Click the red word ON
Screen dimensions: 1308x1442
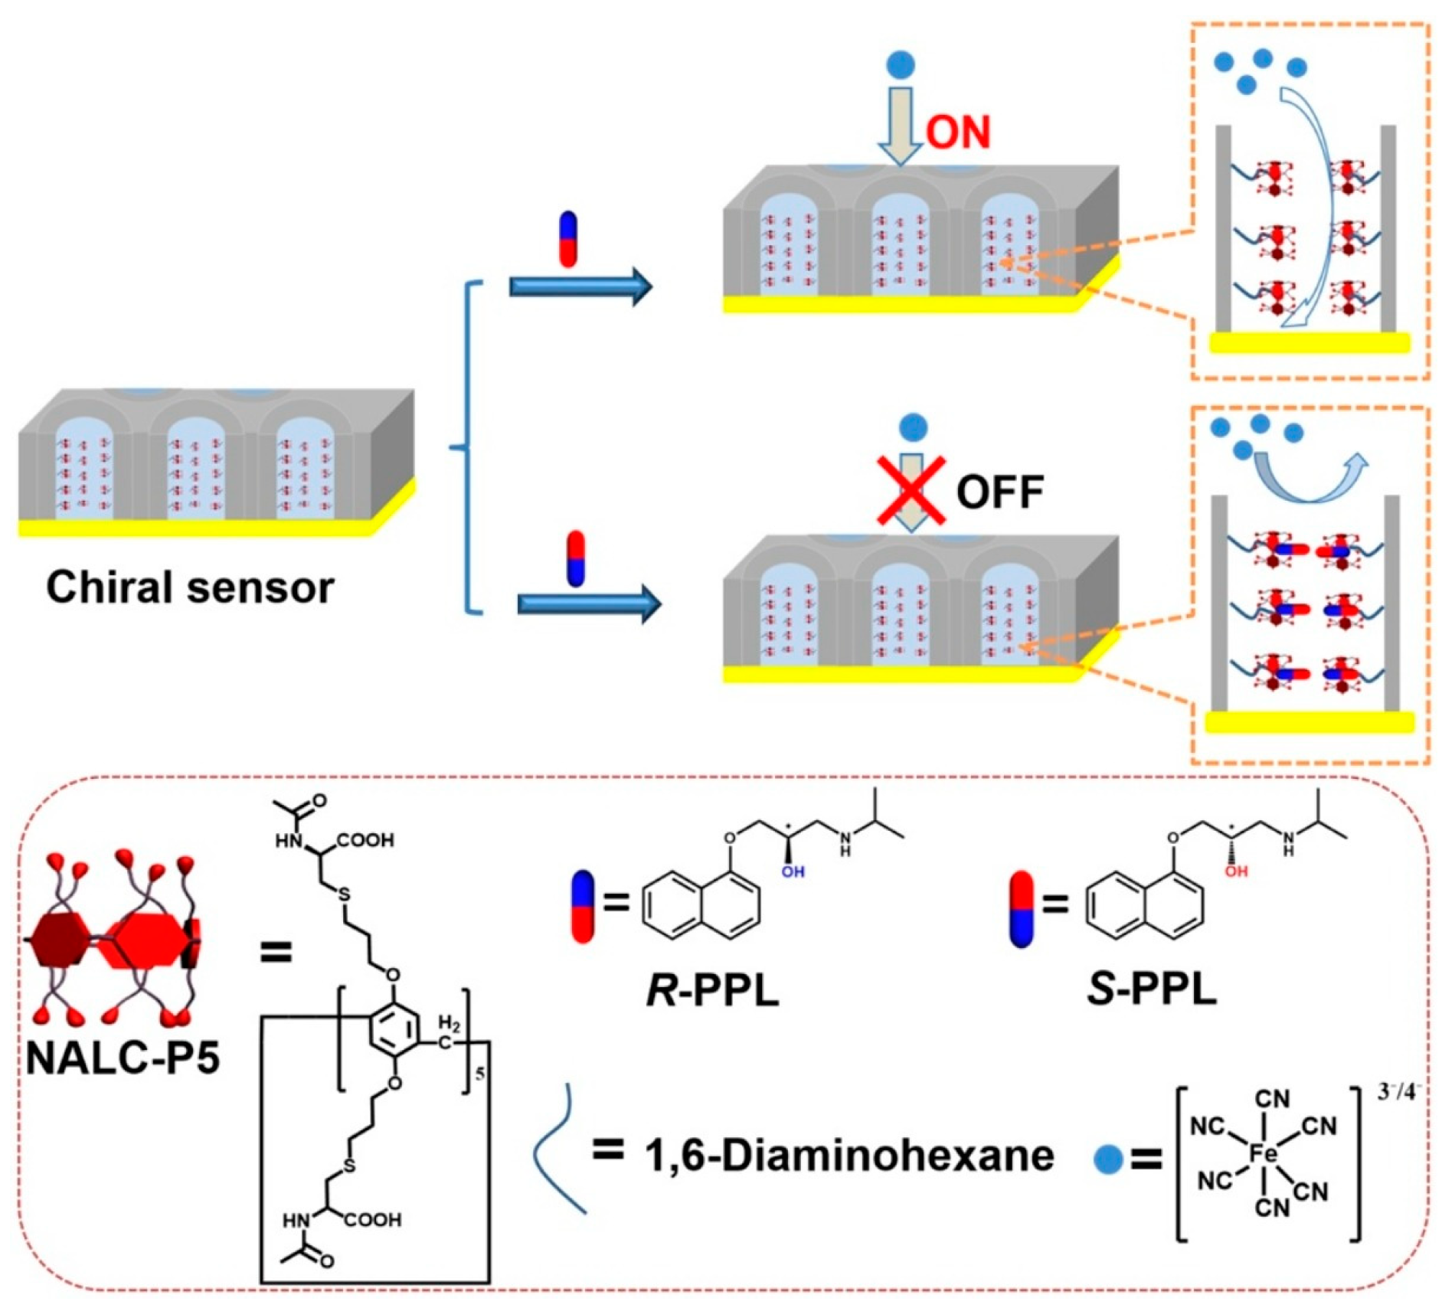pos(957,132)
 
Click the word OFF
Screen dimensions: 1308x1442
pos(999,492)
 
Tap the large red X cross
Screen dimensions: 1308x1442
pos(910,490)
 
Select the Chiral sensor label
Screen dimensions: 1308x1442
pos(190,588)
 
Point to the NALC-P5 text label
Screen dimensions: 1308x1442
pos(123,1058)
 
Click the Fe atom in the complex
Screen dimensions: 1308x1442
pos(1262,1153)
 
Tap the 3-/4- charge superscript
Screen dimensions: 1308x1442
pos(1398,1092)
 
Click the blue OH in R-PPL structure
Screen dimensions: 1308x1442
pos(793,871)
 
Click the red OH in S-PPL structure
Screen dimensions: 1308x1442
pos(1235,871)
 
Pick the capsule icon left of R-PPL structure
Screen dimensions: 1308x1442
pos(583,907)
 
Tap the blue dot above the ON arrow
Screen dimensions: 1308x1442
pos(901,64)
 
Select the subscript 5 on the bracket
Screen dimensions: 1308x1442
pos(480,1074)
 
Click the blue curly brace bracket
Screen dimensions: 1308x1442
pos(466,447)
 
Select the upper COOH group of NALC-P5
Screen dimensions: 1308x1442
pos(365,840)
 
